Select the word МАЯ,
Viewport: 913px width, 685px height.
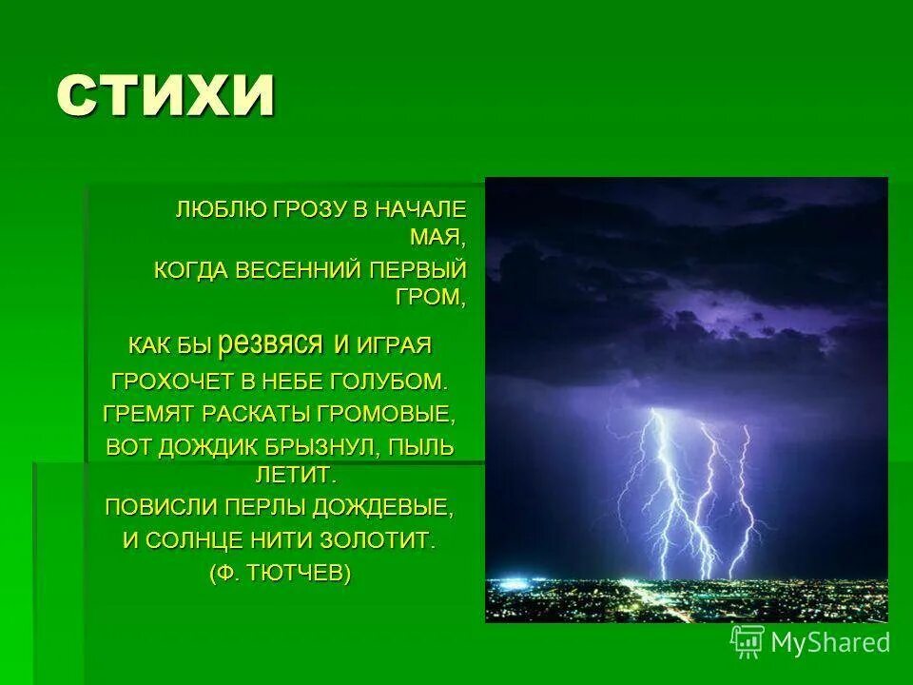[x=438, y=235]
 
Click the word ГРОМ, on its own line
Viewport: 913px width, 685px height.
[x=431, y=296]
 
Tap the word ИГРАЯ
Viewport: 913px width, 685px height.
[x=395, y=343]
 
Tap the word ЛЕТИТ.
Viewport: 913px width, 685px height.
[x=295, y=472]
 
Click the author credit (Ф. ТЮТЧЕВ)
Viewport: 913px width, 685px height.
[x=280, y=573]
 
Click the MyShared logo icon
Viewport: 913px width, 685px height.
[x=748, y=640]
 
